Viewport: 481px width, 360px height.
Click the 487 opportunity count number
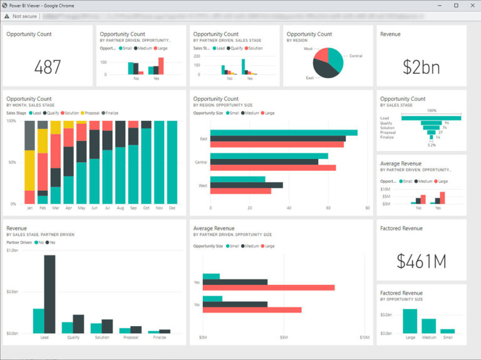[x=48, y=67]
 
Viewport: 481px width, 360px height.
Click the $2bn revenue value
[x=422, y=67]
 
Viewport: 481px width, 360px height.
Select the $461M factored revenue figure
[x=422, y=261]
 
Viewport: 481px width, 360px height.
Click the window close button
[x=472, y=5]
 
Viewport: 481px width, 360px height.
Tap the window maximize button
[x=456, y=5]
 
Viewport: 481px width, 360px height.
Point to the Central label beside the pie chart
[x=356, y=56]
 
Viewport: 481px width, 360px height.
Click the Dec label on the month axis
[x=172, y=208]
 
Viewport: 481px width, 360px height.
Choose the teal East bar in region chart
[x=284, y=133]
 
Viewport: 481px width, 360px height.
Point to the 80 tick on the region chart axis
[x=368, y=208]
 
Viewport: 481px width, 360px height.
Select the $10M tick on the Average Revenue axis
[x=365, y=337]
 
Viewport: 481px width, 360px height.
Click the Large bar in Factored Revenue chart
[x=410, y=321]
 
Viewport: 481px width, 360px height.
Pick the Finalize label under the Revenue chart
[x=160, y=337]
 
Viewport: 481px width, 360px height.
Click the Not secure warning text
[x=24, y=16]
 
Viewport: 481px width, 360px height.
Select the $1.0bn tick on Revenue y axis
[x=12, y=250]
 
